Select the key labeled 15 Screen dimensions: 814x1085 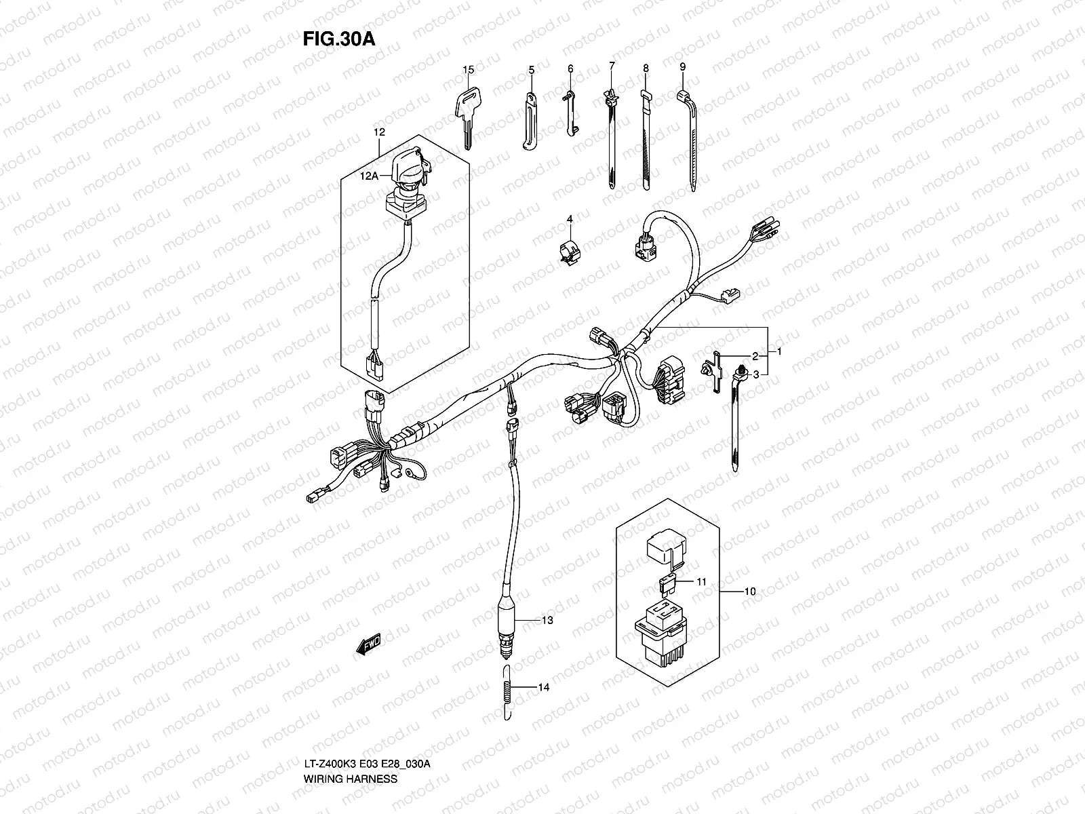pyautogui.click(x=465, y=115)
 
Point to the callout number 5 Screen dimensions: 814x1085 pyautogui.click(x=532, y=70)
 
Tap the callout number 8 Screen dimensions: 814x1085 pyautogui.click(x=646, y=69)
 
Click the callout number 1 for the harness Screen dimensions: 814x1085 pyautogui.click(x=780, y=352)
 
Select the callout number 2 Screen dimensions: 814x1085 pyautogui.click(x=754, y=355)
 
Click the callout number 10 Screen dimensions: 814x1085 pyautogui.click(x=749, y=592)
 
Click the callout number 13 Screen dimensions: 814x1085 pyautogui.click(x=547, y=620)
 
